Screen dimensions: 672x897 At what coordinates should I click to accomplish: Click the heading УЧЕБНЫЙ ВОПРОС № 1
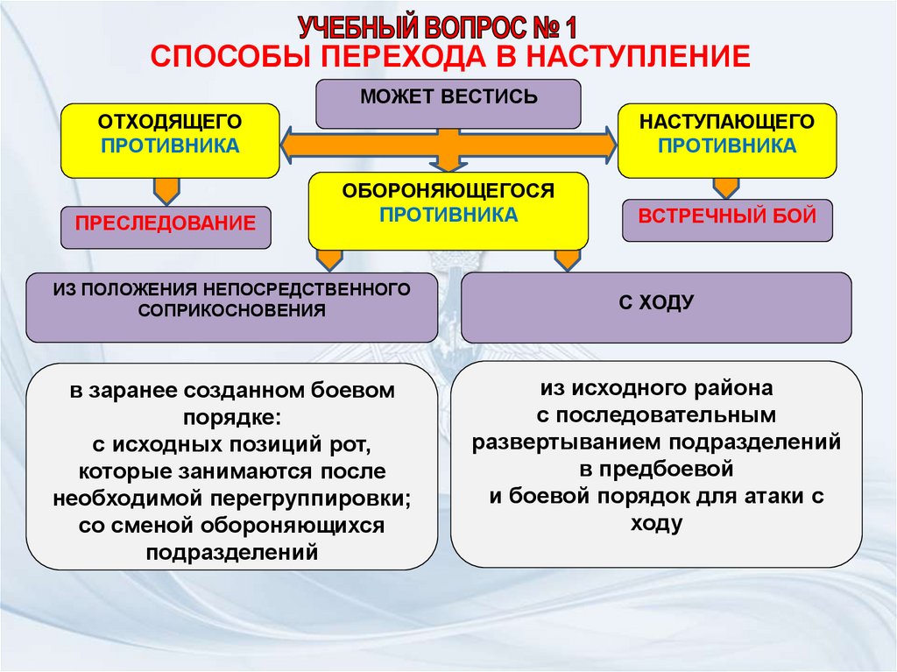click(435, 26)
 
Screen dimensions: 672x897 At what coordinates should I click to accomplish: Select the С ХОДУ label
click(655, 303)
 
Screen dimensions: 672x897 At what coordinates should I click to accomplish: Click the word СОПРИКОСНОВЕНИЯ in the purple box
click(232, 309)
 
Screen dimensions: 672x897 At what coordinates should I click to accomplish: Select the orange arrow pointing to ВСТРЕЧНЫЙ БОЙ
click(725, 187)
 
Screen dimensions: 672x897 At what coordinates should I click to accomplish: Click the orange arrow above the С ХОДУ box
click(567, 258)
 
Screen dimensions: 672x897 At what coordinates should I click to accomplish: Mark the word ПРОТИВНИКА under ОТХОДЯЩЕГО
click(169, 145)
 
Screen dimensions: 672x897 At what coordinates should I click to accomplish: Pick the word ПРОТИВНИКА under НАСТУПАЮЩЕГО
click(726, 145)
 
